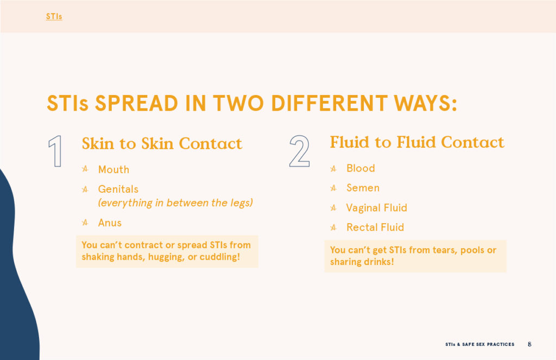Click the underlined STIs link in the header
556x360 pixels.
54,16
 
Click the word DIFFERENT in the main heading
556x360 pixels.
329,103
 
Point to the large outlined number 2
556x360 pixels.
300,151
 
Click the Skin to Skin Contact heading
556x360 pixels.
162,144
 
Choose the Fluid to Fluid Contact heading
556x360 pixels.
417,142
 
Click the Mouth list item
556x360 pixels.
113,169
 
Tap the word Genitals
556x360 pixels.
118,189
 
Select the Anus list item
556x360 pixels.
110,223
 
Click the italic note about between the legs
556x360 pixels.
175,203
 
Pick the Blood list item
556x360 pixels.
361,168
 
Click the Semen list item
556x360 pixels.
363,188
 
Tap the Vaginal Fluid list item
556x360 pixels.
377,207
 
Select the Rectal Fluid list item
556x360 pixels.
375,227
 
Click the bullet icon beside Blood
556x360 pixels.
333,168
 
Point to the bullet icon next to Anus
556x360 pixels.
85,223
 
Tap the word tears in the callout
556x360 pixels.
444,250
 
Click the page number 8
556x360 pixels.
529,344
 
